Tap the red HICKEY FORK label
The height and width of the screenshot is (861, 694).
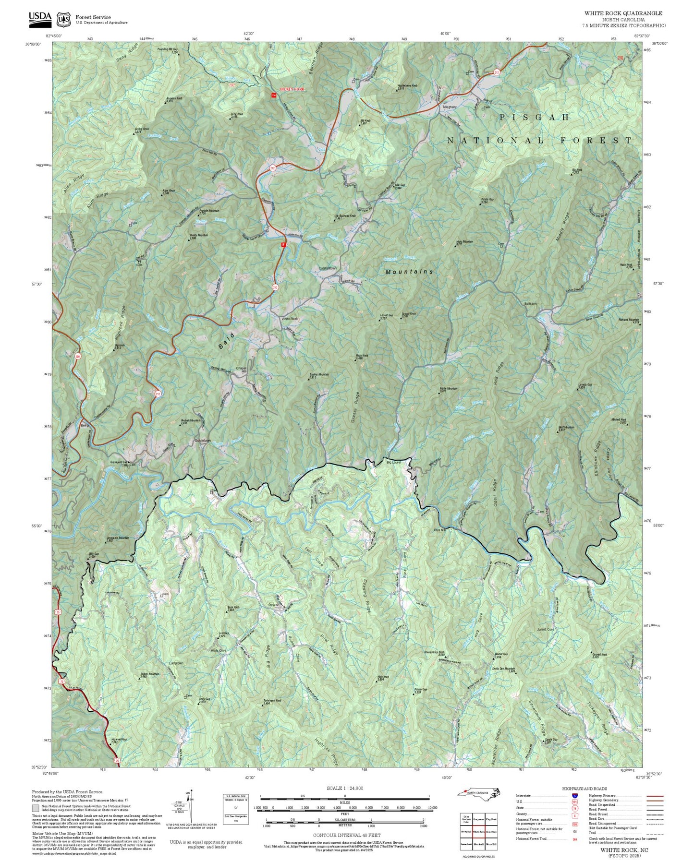(293, 89)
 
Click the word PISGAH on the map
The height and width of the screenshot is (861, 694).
(534, 117)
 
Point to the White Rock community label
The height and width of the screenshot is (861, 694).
(290, 319)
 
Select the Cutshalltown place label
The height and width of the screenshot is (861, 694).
(328, 268)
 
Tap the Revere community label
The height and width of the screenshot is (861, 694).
(273, 605)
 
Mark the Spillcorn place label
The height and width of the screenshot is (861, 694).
(530, 304)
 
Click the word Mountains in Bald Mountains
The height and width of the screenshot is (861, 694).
(409, 272)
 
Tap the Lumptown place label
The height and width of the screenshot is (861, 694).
(176, 663)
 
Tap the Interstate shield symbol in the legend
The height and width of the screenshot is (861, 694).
(574, 796)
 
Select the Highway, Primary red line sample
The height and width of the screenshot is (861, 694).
(655, 796)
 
